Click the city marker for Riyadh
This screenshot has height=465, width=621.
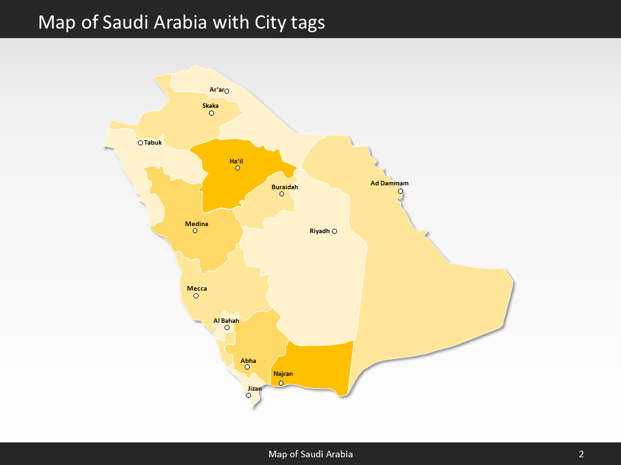click(x=334, y=231)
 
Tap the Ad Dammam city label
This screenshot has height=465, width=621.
click(x=389, y=183)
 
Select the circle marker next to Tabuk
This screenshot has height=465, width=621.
click(x=140, y=143)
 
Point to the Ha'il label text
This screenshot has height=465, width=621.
click(x=236, y=161)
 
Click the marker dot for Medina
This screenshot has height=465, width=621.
click(x=195, y=231)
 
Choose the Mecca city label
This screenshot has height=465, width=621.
click(x=197, y=289)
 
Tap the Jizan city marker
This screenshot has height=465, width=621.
click(x=248, y=395)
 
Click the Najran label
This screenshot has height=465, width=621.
click(x=283, y=375)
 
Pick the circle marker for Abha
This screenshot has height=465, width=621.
click(x=247, y=367)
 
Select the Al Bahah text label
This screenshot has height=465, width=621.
click(x=226, y=320)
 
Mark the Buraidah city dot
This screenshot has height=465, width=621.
click(x=281, y=194)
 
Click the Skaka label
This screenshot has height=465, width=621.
click(x=210, y=106)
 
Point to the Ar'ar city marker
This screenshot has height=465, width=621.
click(x=226, y=91)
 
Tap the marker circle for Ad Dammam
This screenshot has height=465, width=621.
click(x=400, y=191)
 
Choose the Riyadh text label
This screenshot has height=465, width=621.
click(x=320, y=231)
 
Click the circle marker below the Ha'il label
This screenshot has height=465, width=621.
click(x=237, y=168)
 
